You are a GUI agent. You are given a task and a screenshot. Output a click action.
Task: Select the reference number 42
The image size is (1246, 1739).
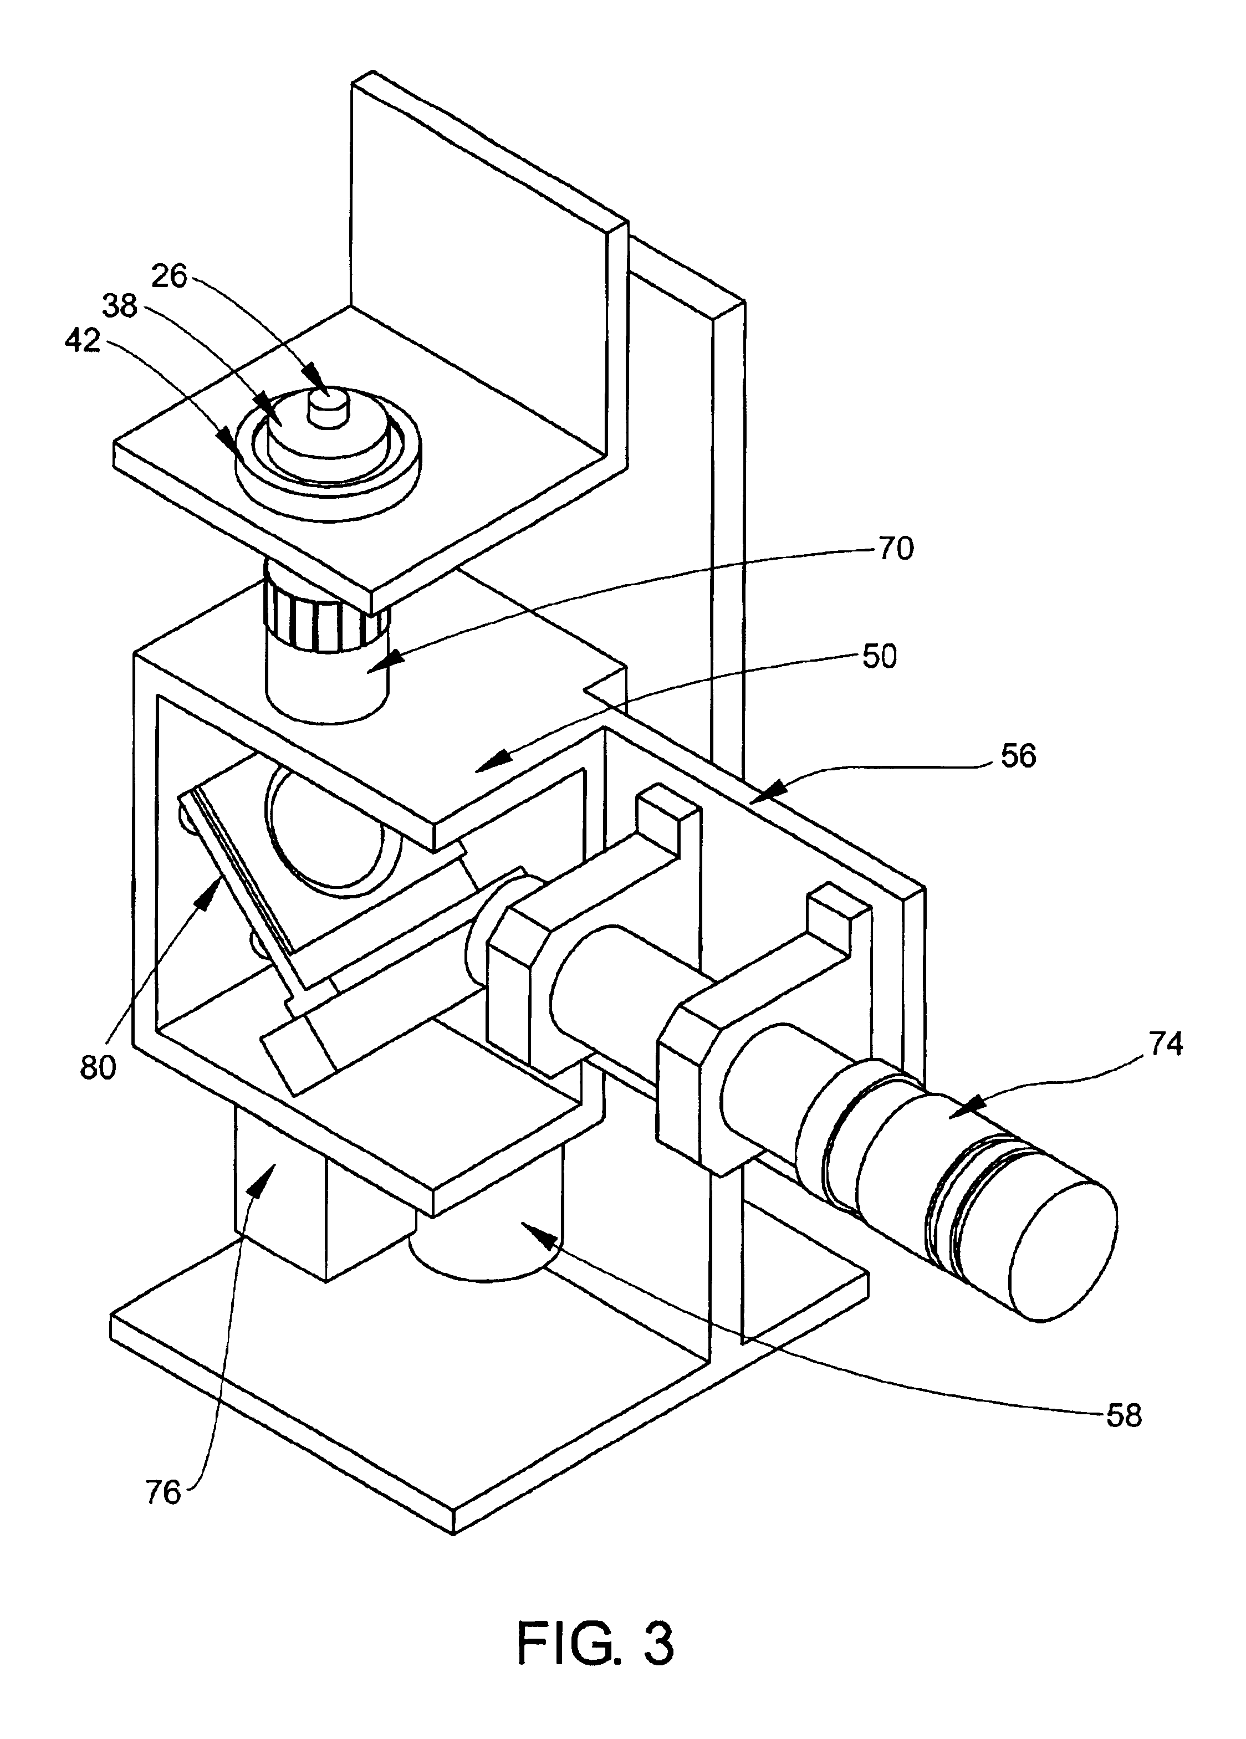tap(82, 340)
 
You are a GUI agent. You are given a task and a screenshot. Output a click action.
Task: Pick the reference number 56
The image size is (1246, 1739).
tap(1018, 756)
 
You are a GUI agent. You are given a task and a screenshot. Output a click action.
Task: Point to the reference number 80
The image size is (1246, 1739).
tap(98, 1068)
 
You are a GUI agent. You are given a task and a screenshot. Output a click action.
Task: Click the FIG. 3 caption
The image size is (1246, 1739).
tap(596, 1643)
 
